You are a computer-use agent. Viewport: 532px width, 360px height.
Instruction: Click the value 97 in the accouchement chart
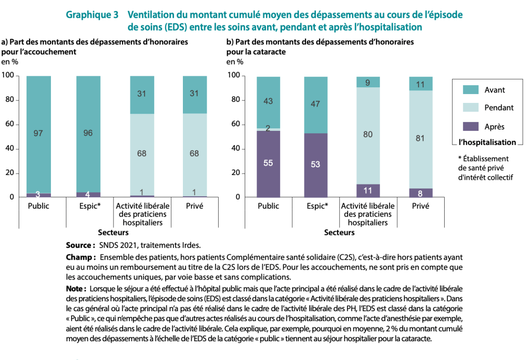click(x=38, y=134)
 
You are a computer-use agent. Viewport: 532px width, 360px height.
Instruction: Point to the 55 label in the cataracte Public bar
click(x=268, y=163)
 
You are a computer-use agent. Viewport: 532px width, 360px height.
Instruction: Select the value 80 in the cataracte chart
click(x=368, y=135)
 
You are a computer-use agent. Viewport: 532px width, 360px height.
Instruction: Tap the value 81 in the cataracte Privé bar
click(x=421, y=139)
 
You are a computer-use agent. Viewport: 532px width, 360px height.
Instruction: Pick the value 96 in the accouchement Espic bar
click(x=88, y=133)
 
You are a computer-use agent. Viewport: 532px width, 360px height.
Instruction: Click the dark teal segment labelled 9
click(x=368, y=82)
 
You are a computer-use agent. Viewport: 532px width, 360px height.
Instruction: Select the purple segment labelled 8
click(x=421, y=193)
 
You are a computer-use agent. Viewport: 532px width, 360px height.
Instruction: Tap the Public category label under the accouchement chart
click(x=38, y=206)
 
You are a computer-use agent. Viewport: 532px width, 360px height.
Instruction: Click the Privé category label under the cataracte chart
click(x=420, y=206)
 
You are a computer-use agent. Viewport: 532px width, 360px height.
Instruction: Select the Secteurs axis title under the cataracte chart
click(x=339, y=233)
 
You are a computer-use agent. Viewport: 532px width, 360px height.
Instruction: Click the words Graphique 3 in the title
click(x=92, y=15)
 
